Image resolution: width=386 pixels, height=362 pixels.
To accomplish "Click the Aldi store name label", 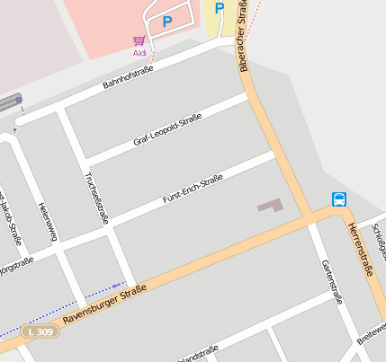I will pos(139,53).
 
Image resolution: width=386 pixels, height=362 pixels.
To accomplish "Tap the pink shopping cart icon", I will pos(139,41).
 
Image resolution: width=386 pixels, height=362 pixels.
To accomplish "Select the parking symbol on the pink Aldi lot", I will pos(166,21).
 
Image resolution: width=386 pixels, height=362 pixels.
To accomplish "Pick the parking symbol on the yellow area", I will pos(219,7).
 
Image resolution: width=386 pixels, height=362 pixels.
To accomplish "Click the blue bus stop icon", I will pos(339,199).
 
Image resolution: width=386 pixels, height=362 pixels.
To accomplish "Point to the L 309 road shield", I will pos(41,331).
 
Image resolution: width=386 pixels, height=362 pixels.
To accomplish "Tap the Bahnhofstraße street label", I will pos(129,76).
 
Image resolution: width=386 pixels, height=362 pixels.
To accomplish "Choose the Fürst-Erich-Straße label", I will pos(186,193).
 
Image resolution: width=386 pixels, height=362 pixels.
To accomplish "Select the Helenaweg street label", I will pos(47,222).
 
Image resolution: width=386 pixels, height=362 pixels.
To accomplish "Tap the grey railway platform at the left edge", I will pos(9,103).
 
